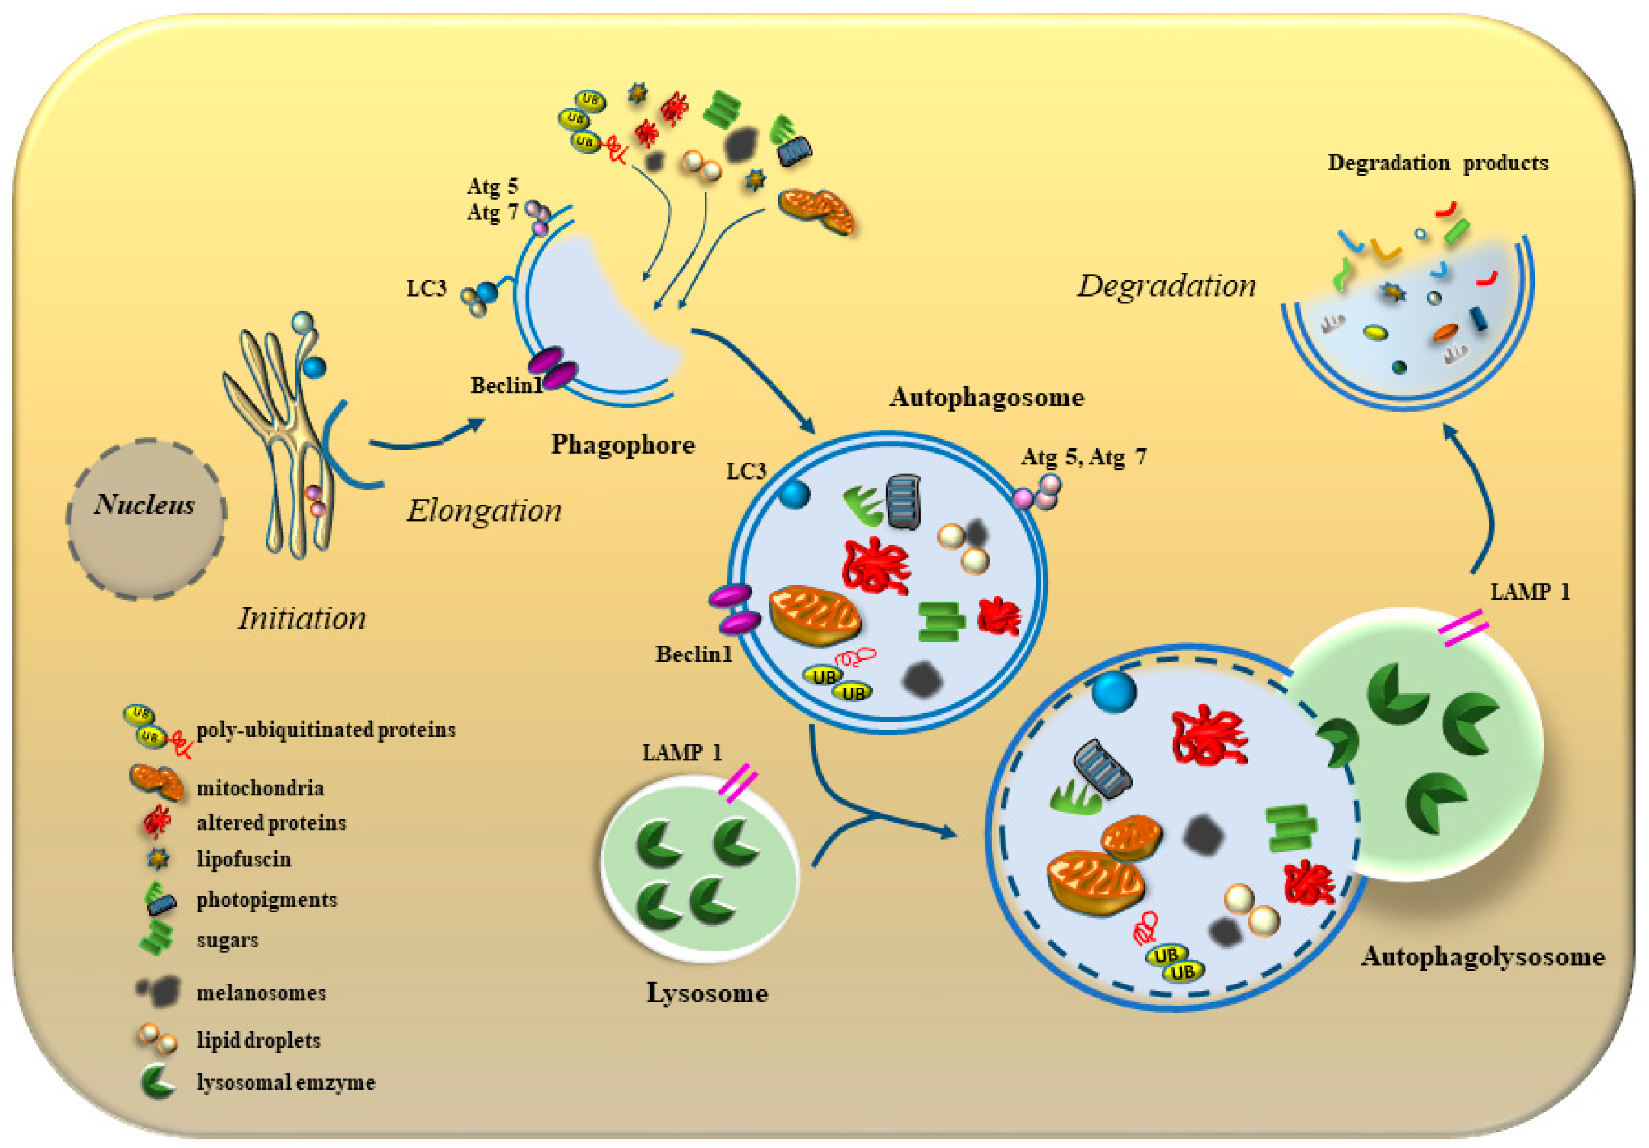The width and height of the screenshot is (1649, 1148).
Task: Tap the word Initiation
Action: [302, 619]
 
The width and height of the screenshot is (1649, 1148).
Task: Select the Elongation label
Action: [484, 511]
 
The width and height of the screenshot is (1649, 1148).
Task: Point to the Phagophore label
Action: [623, 444]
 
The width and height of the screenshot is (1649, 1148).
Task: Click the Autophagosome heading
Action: [986, 397]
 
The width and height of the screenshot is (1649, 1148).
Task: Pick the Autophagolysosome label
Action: [1482, 956]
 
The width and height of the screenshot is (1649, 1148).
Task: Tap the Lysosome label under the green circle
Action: [708, 993]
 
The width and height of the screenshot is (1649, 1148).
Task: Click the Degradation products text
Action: [1437, 163]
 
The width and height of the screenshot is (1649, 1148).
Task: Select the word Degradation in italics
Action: [1166, 286]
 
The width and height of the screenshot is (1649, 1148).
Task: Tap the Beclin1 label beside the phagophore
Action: [506, 386]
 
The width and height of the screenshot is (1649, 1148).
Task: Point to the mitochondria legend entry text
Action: [260, 788]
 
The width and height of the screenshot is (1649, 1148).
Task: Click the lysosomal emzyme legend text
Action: [286, 1082]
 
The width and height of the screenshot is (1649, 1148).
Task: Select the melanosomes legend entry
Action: [261, 993]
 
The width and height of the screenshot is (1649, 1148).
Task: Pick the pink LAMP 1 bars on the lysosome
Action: [738, 783]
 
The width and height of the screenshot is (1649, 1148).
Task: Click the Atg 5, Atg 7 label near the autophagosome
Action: [1083, 457]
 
